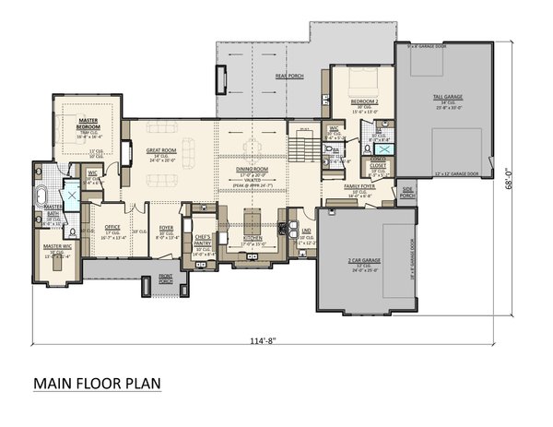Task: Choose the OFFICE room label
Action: pyautogui.click(x=112, y=226)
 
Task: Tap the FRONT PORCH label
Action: pyautogui.click(x=166, y=279)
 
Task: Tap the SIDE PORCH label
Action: pyautogui.click(x=407, y=193)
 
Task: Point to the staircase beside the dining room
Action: pyautogui.click(x=302, y=146)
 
